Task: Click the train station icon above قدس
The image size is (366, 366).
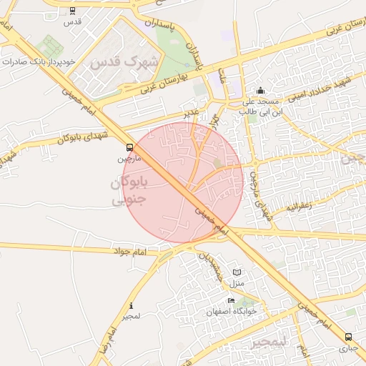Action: pos(74,11)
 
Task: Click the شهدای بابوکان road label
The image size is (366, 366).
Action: pos(78,132)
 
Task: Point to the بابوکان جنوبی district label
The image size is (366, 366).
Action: pos(129,192)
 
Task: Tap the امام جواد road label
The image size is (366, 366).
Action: pos(129,251)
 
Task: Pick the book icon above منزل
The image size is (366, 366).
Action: pos(237,272)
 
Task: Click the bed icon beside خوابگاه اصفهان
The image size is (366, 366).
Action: pos(230,301)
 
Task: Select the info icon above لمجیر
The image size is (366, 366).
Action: pos(131,305)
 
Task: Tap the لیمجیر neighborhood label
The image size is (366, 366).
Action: pos(268,341)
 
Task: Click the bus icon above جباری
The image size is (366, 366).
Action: pos(348,337)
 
